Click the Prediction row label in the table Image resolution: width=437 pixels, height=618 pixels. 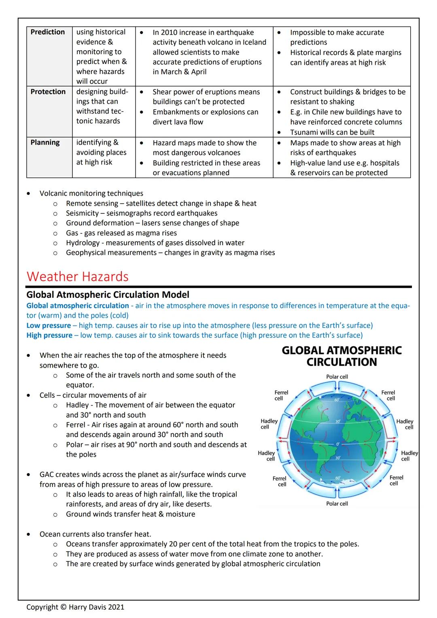pos(47,32)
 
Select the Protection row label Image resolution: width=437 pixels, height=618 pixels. pos(48,92)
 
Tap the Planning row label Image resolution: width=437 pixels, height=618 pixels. pos(45,142)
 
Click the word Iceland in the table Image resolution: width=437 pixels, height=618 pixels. pos(255,42)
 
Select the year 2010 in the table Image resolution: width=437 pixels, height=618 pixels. pos(169,32)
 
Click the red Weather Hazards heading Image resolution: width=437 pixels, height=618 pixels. pos(77,276)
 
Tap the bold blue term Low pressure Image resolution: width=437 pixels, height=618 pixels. pos(49,325)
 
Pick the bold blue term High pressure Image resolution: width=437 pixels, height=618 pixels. pos(49,335)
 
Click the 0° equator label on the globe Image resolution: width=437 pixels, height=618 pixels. pos(337,444)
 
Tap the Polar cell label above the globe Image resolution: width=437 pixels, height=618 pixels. pos(337,377)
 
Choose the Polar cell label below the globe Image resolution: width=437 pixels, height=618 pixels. pos(337,504)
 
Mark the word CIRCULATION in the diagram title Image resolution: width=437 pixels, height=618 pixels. pos(342,362)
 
